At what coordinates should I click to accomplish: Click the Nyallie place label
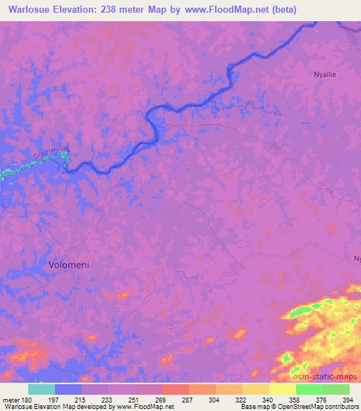[325, 73]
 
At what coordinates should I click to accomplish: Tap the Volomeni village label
[69, 264]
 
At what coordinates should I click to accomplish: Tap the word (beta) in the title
[281, 10]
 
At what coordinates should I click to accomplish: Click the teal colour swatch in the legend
[42, 388]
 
